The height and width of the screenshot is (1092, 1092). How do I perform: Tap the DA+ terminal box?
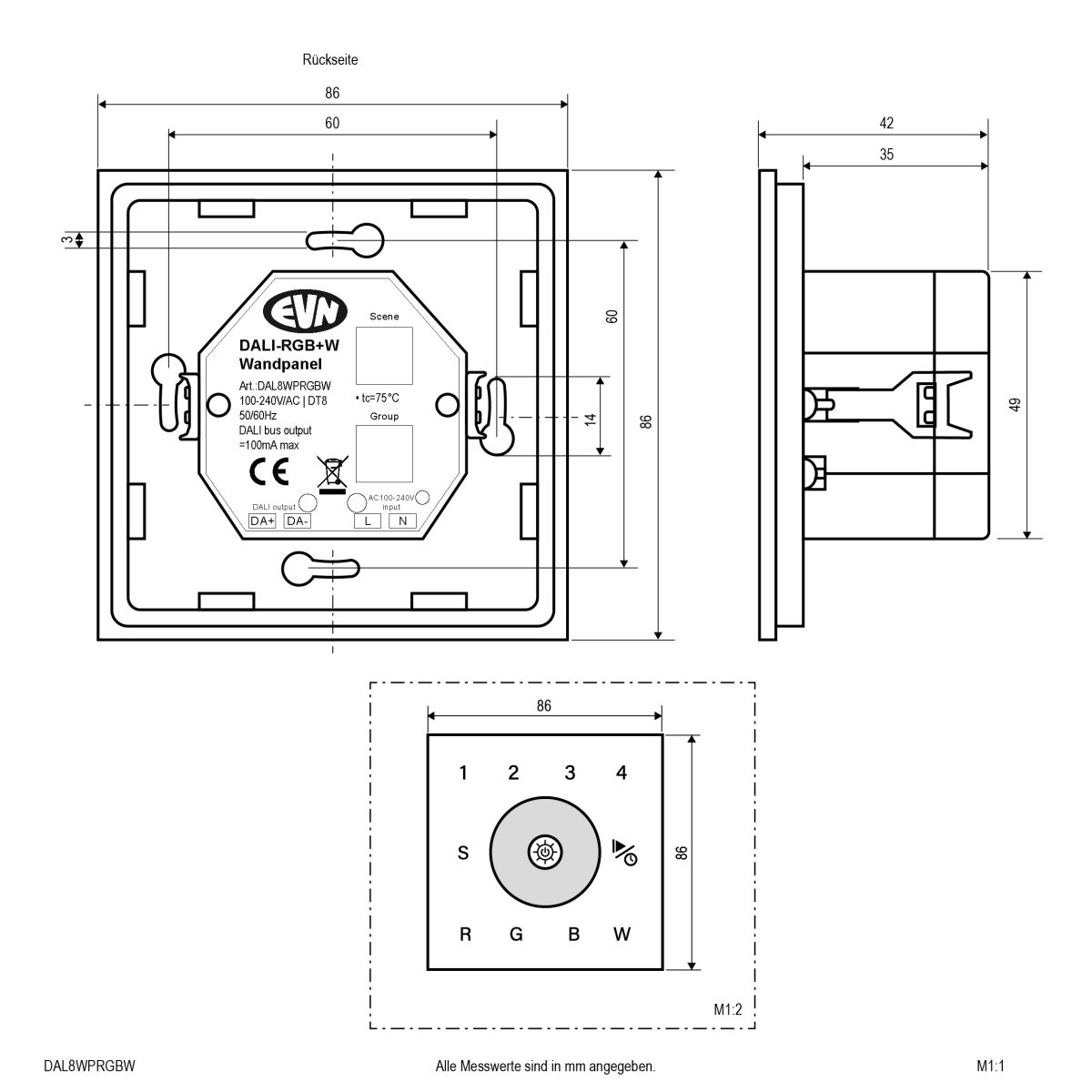263,521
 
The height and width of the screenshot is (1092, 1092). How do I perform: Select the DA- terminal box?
298,521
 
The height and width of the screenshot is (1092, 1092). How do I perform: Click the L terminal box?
367,521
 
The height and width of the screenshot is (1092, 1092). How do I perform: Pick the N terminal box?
402,521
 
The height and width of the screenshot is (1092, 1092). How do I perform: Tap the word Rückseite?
330,61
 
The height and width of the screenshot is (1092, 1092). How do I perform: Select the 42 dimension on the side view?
886,123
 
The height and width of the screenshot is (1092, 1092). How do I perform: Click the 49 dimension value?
1016,404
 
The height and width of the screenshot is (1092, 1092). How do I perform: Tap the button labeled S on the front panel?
463,854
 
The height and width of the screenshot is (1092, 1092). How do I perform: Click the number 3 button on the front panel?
570,773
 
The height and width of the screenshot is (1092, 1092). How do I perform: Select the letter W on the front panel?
622,935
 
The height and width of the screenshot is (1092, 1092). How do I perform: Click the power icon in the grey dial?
544,853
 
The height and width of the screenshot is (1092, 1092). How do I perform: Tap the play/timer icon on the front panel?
624,852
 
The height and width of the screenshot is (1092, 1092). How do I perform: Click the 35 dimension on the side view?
886,155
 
